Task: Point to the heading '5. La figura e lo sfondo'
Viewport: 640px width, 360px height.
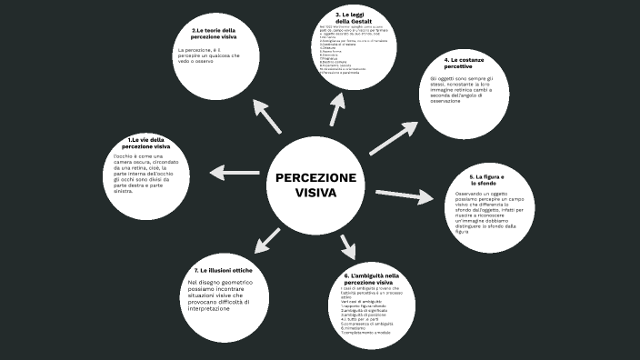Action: [x=494, y=179]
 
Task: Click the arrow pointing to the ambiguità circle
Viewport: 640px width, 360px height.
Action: [x=346, y=245]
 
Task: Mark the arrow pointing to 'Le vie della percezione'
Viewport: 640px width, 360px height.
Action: [x=235, y=172]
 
